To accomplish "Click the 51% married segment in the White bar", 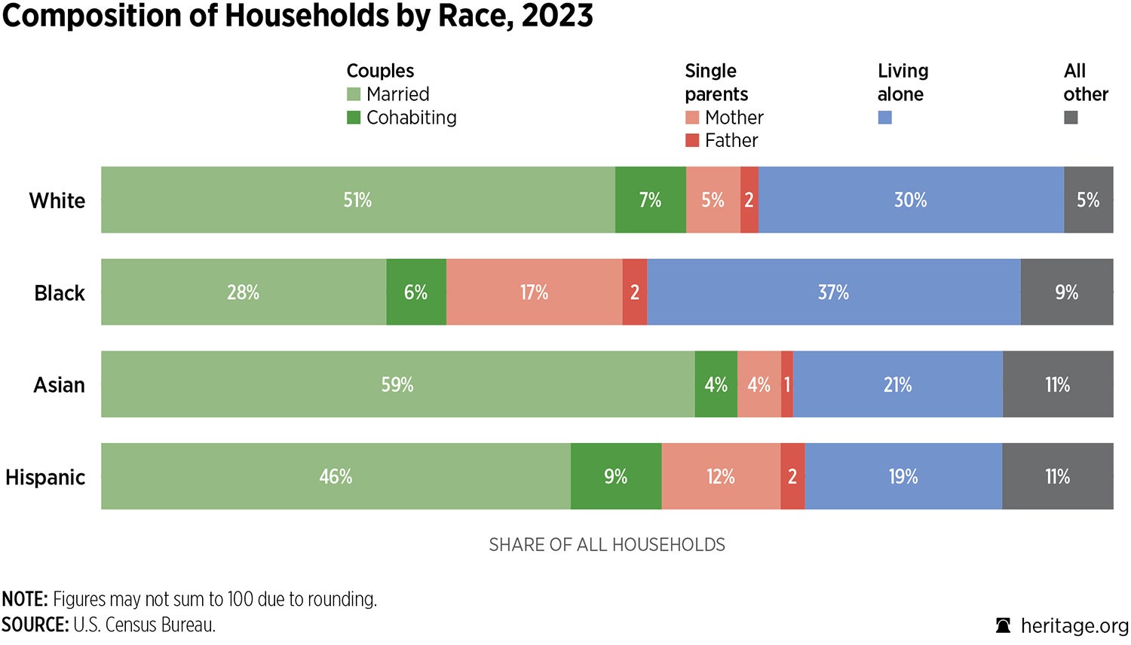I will pos(358,200).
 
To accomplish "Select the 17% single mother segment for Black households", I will pos(534,292).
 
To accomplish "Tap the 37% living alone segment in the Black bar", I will pos(833,292).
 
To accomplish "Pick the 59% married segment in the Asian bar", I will pos(397,384).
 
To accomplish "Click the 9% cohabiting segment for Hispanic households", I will pos(615,476).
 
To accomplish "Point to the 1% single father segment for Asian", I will pos(787,384).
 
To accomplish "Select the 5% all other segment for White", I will pos(1088,200).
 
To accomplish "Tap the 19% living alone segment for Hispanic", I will pos(903,476).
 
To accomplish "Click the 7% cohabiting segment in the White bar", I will pos(650,200).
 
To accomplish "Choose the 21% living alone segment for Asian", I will pos(897,384).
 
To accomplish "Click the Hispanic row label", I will pos(45,477).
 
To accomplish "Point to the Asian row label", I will pos(59,385).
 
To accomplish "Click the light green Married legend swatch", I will pos(354,94).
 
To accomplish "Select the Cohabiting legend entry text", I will pos(411,118).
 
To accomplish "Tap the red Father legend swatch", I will pos(692,140).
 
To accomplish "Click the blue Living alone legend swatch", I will pos(885,118).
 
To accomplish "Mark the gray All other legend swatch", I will pos(1071,118).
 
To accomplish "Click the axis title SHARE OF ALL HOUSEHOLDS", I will pos(607,545).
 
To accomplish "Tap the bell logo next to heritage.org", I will pos(1003,625).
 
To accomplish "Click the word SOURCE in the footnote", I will pos(35,625).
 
